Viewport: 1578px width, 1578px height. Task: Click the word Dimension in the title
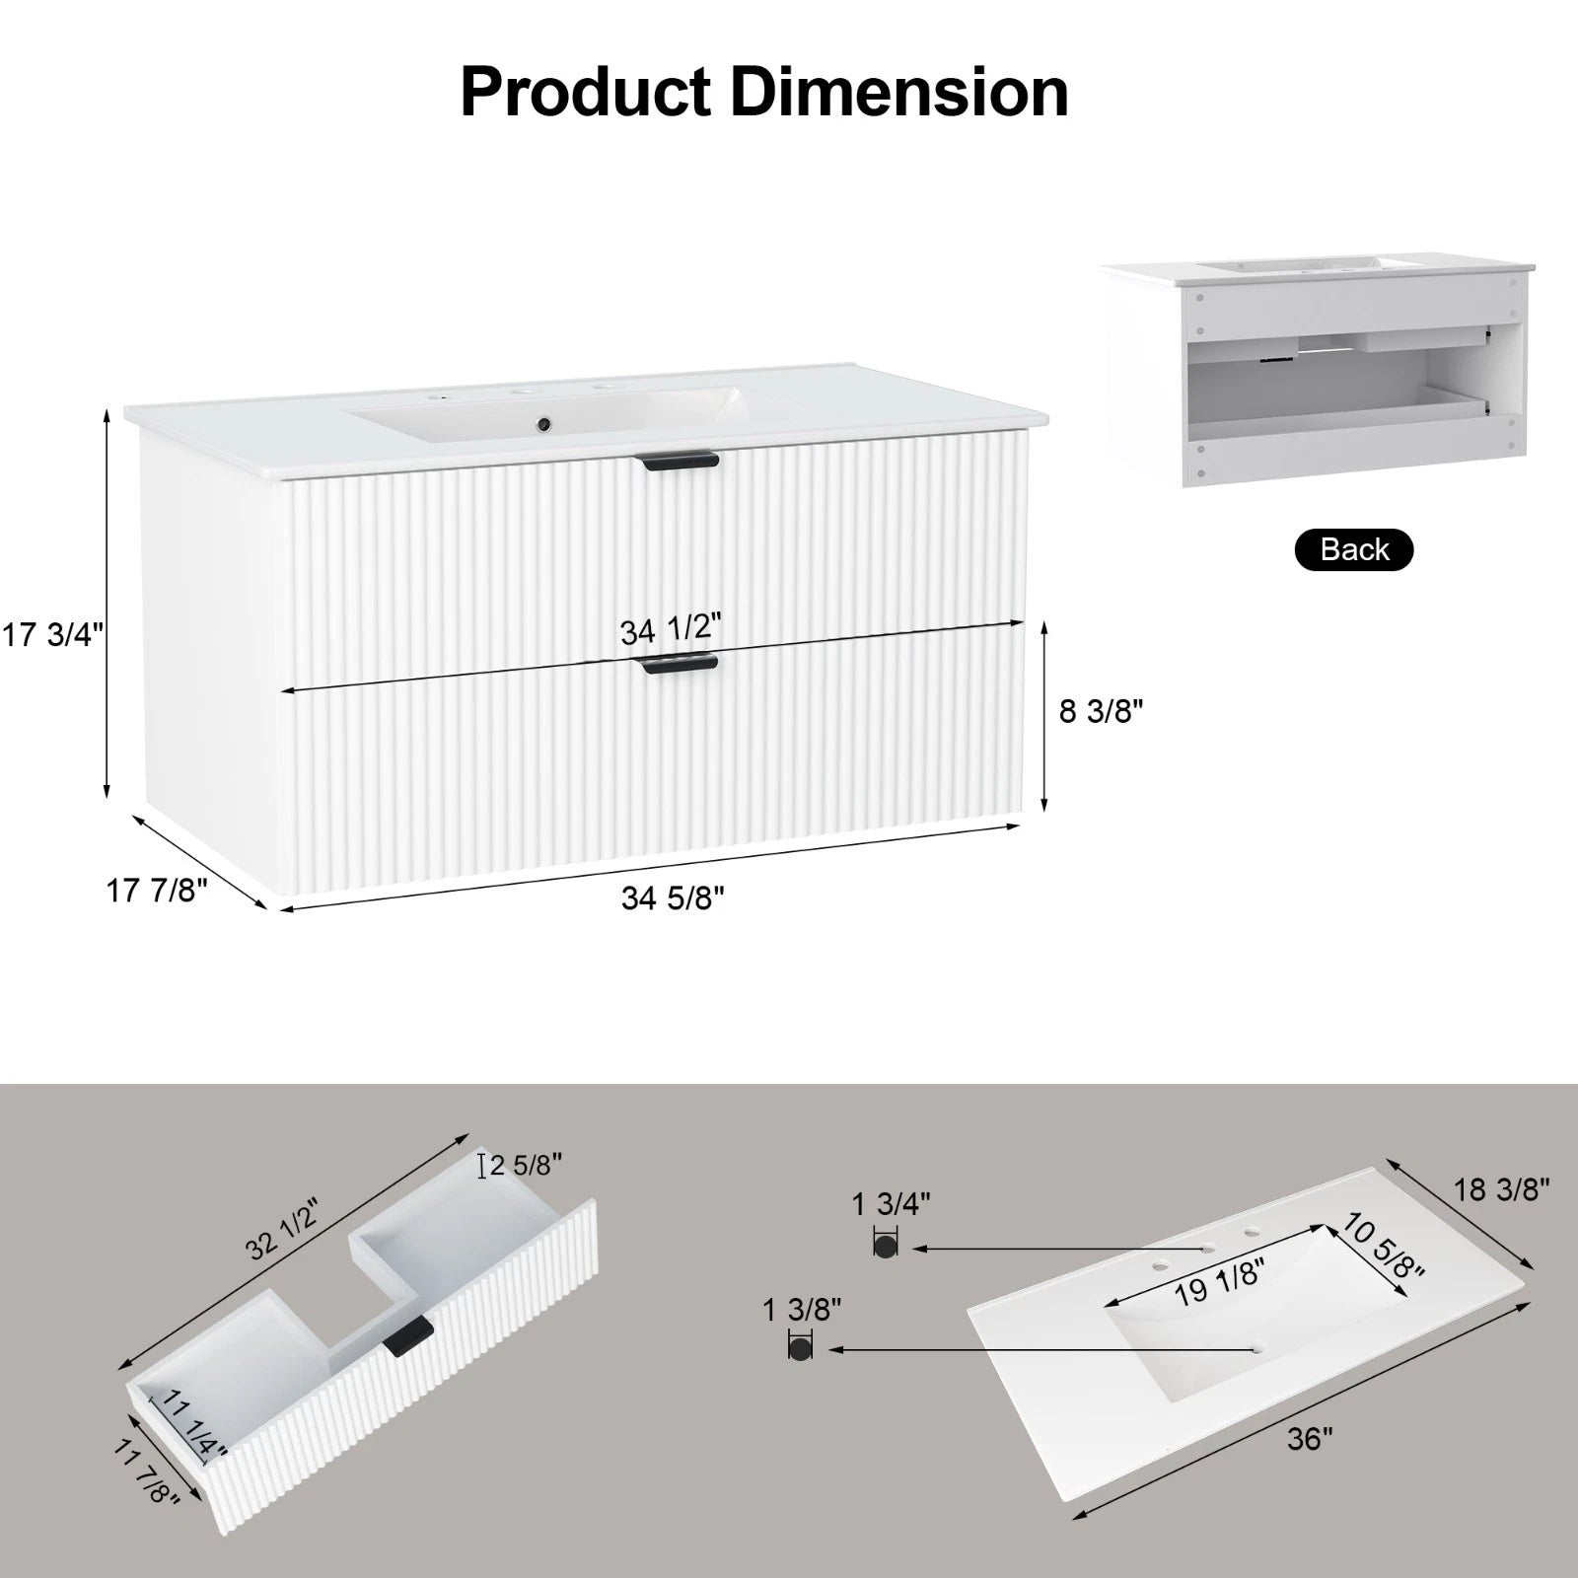point(899,92)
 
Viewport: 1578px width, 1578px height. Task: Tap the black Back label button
point(1353,549)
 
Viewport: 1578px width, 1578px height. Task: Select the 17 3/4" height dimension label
point(52,635)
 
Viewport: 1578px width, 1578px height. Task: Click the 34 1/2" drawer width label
point(671,629)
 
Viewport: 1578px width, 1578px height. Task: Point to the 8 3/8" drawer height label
point(1101,710)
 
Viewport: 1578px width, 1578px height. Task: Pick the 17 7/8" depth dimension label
point(157,891)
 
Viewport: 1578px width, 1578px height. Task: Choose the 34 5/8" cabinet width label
point(673,897)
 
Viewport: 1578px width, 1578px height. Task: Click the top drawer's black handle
point(679,462)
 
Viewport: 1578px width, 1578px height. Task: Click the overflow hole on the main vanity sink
point(541,425)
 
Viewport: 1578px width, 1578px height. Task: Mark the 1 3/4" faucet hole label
point(891,1203)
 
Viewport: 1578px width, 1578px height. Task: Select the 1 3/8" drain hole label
point(802,1310)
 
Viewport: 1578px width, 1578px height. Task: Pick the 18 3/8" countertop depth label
point(1502,1188)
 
